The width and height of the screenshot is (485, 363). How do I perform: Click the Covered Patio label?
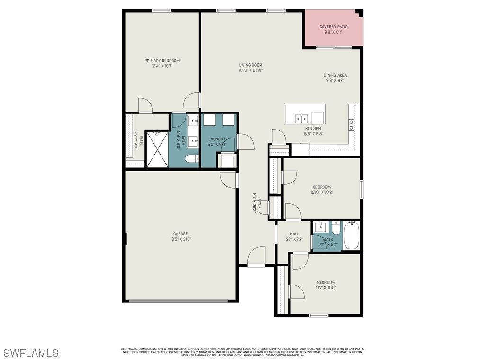click(x=333, y=27)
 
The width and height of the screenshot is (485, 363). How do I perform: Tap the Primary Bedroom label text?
click(x=162, y=60)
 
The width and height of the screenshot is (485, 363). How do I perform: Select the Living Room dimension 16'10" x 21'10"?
click(x=251, y=70)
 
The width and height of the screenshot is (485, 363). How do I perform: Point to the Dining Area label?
click(x=335, y=75)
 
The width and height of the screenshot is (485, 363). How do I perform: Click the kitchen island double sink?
click(x=301, y=117)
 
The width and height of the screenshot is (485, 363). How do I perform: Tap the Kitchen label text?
click(x=313, y=129)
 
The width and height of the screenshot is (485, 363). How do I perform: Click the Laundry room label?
click(x=217, y=139)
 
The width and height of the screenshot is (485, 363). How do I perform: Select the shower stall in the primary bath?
click(x=157, y=149)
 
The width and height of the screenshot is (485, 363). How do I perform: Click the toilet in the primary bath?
click(x=192, y=159)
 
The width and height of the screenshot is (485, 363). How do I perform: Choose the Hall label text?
click(x=294, y=233)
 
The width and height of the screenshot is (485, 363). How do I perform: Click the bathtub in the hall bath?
click(x=351, y=236)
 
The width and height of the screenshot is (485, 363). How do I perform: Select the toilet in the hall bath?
click(x=335, y=229)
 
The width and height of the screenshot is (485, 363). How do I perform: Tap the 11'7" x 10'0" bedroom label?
click(x=326, y=285)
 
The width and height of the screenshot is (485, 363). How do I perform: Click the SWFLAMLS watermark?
click(x=31, y=353)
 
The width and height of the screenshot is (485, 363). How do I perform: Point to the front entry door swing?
click(x=256, y=256)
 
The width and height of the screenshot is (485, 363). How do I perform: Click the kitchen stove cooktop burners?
click(x=351, y=125)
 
